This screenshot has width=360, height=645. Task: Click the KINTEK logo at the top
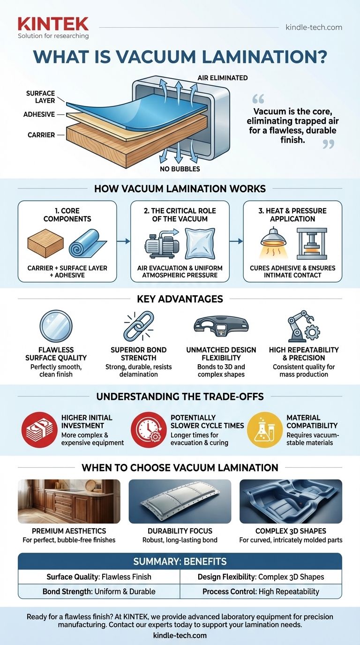click(x=52, y=24)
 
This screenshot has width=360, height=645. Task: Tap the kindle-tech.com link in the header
click(x=314, y=27)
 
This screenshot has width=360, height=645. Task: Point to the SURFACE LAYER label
click(x=41, y=97)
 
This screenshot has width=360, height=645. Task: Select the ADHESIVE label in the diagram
click(x=39, y=114)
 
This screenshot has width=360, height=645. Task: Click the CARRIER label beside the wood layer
click(x=41, y=135)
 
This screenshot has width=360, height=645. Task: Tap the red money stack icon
click(x=37, y=430)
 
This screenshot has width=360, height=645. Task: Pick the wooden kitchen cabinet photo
click(x=69, y=501)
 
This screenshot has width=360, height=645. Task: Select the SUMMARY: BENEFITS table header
click(x=180, y=562)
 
